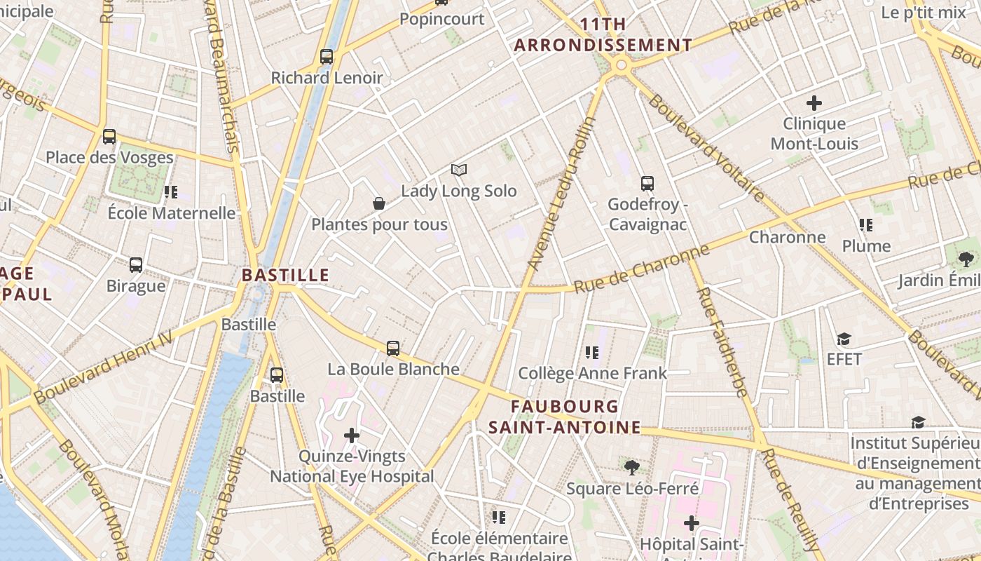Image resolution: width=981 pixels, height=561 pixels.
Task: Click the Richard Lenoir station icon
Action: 327,57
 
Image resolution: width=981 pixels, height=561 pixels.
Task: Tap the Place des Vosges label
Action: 109,157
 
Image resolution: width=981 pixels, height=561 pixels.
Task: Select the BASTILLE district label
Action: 285,275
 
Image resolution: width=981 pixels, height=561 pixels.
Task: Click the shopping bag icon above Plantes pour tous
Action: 379,203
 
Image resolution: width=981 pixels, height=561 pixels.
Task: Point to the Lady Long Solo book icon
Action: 459,170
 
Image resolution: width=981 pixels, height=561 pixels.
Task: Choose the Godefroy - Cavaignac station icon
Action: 647,184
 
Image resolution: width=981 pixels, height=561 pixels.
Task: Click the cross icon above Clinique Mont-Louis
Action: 814,103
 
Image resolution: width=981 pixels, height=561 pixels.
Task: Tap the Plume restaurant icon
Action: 866,225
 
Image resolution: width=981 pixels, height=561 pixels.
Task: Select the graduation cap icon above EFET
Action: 844,339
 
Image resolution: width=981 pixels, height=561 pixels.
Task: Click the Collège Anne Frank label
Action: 593,373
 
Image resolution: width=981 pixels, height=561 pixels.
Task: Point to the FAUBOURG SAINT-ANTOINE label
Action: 565,417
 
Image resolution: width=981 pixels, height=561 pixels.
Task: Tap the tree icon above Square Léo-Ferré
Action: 632,467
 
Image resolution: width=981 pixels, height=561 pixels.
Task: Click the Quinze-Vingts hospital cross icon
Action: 352,435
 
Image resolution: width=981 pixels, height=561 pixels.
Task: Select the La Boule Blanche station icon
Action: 393,348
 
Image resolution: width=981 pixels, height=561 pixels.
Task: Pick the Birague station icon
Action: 136,265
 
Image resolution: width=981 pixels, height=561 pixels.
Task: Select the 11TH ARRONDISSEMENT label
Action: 603,35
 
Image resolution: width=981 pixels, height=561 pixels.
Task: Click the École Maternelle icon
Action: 171,191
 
